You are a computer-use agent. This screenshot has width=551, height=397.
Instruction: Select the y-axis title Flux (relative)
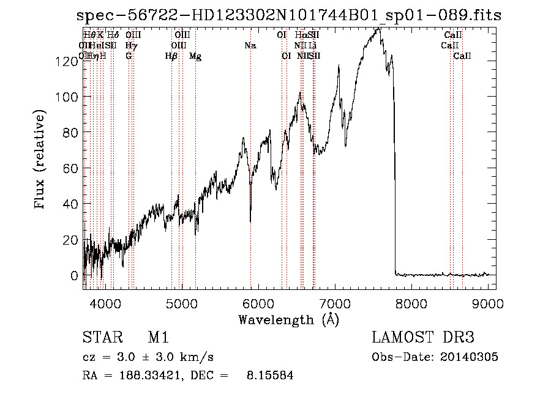click(41, 161)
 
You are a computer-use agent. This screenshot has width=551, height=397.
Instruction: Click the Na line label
click(250, 45)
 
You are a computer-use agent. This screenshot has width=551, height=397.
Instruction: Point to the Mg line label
click(195, 56)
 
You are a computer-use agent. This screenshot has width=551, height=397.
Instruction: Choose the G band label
click(129, 56)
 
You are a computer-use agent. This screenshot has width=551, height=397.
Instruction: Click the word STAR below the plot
click(99, 338)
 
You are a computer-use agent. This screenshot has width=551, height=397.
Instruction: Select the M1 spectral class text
click(158, 338)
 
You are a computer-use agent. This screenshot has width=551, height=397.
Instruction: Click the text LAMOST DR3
click(423, 338)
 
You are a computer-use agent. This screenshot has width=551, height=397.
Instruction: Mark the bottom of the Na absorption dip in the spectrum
click(250, 221)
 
